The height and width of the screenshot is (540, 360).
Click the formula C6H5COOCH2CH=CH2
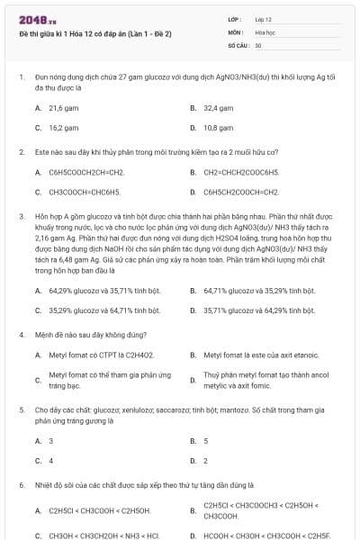pos(86,171)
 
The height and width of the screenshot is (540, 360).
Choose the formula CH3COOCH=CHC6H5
pos(85,192)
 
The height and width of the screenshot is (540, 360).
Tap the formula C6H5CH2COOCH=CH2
pos(241,192)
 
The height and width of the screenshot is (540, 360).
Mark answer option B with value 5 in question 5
pos(205,441)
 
